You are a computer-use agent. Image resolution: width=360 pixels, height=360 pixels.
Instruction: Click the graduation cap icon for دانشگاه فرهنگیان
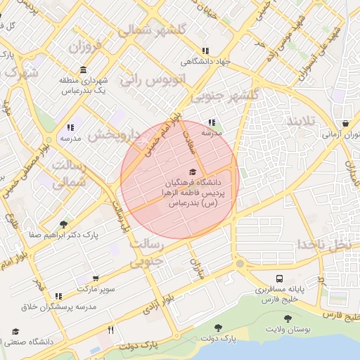(193, 172)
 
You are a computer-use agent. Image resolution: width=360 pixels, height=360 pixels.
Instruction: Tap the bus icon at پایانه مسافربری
(280, 279)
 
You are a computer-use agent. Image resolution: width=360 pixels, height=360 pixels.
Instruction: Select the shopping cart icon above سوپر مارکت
(96, 279)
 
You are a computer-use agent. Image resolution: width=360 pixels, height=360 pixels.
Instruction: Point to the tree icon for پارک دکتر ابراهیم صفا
(64, 224)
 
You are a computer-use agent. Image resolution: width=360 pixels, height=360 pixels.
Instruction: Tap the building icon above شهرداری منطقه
(84, 70)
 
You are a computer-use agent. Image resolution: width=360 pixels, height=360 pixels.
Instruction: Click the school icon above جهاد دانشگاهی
(205, 51)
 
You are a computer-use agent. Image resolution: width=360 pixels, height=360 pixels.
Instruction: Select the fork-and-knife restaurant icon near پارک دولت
(110, 330)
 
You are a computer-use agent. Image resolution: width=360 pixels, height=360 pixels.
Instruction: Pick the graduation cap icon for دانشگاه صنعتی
(15, 331)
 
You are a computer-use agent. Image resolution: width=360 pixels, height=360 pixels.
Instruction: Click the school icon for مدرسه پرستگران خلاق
(58, 296)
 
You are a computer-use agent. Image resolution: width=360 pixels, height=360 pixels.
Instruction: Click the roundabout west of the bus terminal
(240, 264)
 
